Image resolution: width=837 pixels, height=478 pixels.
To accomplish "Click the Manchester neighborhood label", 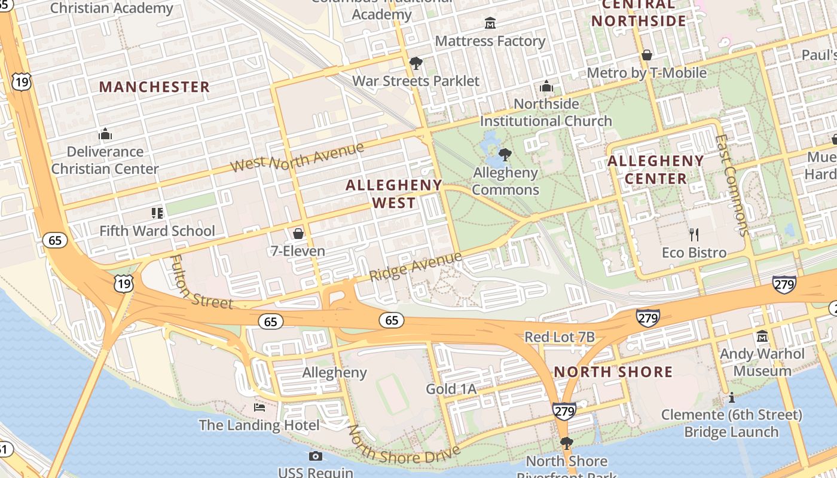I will click(x=154, y=87).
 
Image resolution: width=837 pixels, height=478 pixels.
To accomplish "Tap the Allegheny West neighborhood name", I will click(x=394, y=194).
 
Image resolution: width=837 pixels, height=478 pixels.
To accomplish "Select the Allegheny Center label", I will click(x=656, y=170).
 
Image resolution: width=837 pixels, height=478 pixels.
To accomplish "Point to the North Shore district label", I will click(x=613, y=372).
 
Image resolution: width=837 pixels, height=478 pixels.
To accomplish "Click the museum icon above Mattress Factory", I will click(x=490, y=23).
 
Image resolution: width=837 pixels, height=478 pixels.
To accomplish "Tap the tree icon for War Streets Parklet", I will click(x=416, y=63).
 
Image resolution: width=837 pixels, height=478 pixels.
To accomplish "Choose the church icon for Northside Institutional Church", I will click(x=546, y=87).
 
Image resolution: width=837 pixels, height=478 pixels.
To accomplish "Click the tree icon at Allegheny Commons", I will click(x=505, y=155).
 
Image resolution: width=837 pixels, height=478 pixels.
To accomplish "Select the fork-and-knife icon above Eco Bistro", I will click(x=694, y=234).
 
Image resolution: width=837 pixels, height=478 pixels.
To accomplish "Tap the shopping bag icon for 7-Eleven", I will click(x=298, y=233).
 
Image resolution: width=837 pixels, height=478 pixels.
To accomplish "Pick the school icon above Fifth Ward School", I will click(x=157, y=213).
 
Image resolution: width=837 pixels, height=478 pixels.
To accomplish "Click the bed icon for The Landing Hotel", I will click(x=259, y=407).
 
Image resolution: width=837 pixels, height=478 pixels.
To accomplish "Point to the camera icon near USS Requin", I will click(x=316, y=456).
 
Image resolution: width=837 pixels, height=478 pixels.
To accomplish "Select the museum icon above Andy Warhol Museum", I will click(x=762, y=336).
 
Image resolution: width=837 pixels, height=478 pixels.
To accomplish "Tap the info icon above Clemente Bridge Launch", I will click(x=731, y=397).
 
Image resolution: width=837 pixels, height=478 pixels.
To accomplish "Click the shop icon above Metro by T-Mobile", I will click(x=646, y=56).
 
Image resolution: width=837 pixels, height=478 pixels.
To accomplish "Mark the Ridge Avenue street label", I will click(x=416, y=266).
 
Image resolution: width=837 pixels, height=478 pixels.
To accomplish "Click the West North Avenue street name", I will click(x=297, y=157).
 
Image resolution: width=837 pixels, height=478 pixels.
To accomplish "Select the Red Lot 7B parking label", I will click(x=560, y=337).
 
